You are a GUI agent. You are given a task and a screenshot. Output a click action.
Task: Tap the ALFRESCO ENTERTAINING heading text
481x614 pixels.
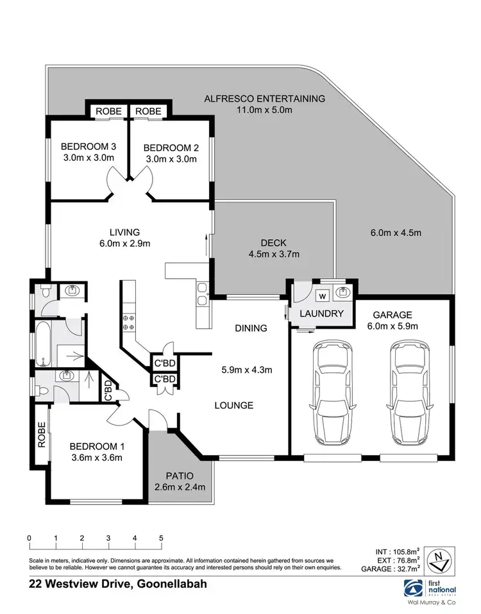click(x=265, y=99)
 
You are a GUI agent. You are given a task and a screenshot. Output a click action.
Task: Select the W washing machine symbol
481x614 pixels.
click(x=323, y=295)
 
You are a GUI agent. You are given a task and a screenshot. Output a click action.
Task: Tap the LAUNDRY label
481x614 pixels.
click(x=322, y=314)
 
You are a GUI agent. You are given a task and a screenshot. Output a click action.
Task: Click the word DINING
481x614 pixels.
click(x=251, y=328)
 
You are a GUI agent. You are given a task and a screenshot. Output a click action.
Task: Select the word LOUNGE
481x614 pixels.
click(x=234, y=405)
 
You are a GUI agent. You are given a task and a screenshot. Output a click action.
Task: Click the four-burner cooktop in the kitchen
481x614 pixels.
click(x=127, y=322)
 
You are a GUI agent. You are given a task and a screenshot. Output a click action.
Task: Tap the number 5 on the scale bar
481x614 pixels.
click(x=162, y=538)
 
